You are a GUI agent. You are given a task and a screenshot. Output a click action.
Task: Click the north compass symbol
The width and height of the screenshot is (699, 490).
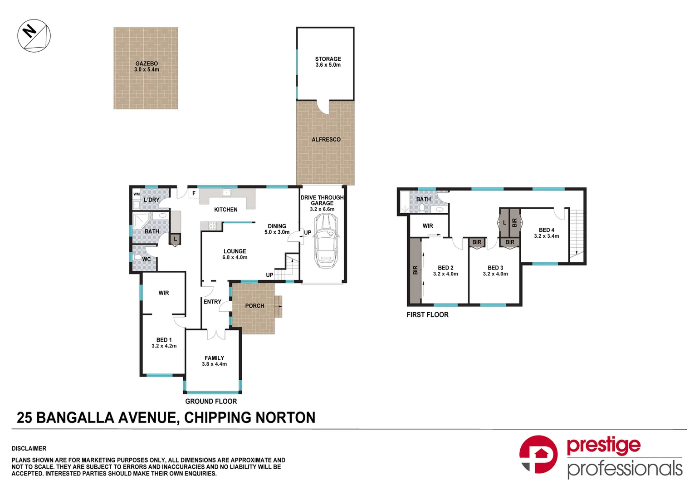click(x=34, y=35)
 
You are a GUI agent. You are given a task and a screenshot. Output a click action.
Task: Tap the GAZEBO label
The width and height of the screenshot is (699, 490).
click(x=147, y=64)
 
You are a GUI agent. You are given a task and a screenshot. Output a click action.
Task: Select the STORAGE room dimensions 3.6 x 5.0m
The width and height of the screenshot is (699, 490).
click(x=328, y=65)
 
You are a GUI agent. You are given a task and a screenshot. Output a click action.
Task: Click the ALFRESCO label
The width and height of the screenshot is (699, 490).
click(x=326, y=140)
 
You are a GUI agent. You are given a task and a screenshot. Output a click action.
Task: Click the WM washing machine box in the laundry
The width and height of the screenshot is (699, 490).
click(x=137, y=194)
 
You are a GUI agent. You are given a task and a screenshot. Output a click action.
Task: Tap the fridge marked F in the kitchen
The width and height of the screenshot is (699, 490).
click(x=194, y=193)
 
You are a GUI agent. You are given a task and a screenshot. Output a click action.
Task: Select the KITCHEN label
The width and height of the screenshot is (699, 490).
click(x=225, y=210)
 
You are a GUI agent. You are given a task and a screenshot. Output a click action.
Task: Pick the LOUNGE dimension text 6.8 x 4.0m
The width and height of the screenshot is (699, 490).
click(x=235, y=258)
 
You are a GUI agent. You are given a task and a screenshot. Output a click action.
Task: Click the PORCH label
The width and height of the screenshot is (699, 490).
click(x=254, y=306)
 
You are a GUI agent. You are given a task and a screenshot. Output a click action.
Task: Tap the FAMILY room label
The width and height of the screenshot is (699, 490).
click(x=214, y=358)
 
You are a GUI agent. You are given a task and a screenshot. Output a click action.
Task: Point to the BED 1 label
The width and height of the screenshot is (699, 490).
click(x=164, y=340)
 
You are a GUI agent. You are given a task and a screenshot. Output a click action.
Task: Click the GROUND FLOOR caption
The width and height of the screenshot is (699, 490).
click(x=211, y=402)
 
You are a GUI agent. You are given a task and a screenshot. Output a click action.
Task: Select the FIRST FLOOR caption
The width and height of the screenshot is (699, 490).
click(x=427, y=315)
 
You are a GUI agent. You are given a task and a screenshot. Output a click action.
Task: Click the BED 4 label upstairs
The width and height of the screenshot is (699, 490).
click(x=546, y=230)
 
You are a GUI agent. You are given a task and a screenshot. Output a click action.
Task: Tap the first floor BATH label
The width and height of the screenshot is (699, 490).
click(x=423, y=199)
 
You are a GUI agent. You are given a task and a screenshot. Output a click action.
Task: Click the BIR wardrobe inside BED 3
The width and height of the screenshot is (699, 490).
click(x=510, y=242)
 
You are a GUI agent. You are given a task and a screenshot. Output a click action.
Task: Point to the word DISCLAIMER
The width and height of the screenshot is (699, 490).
click(x=29, y=448)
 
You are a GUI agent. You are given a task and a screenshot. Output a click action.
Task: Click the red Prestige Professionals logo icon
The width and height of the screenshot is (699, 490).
click(x=538, y=454)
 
